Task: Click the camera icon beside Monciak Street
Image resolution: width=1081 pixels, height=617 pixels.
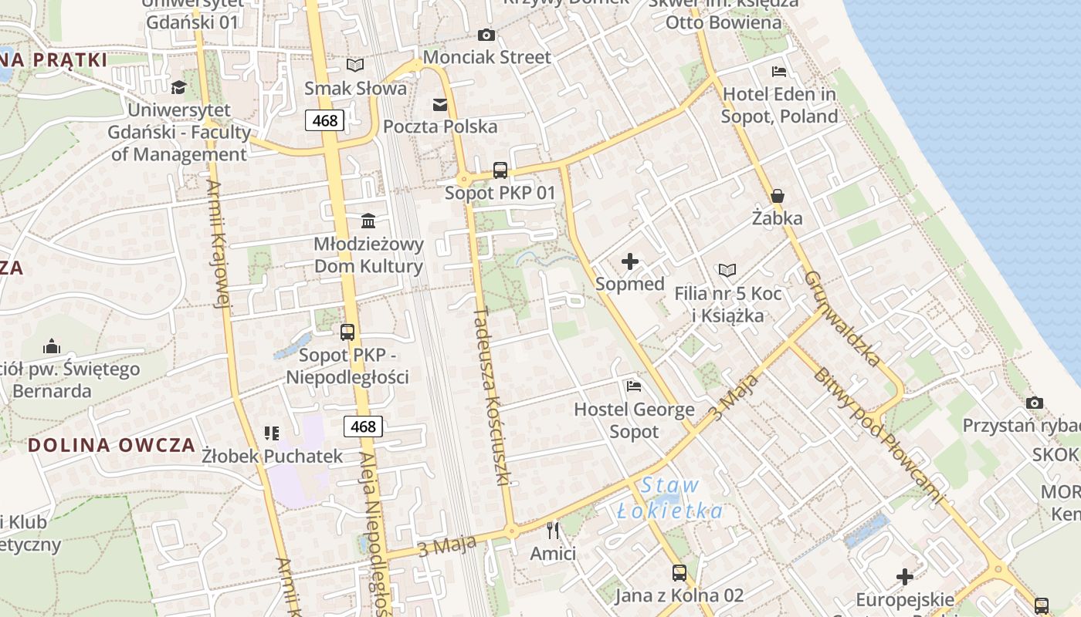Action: point(486,35)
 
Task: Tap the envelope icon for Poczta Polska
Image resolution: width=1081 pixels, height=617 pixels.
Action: point(440,105)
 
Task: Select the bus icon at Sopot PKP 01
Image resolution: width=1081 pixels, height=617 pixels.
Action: point(500,170)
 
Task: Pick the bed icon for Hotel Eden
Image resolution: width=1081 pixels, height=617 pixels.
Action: point(779,72)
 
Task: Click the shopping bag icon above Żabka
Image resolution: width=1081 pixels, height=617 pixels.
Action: point(778,196)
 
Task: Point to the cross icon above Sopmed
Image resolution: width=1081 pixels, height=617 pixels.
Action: point(630,261)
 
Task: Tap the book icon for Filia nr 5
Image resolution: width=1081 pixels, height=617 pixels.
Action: point(727,271)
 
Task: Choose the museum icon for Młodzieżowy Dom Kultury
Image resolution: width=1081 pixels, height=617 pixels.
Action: point(368,222)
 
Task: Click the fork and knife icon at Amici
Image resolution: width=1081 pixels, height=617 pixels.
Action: point(553,530)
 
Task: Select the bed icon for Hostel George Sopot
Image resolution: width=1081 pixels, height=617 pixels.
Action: point(634,386)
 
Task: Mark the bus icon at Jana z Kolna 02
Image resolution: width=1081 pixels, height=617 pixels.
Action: point(679,573)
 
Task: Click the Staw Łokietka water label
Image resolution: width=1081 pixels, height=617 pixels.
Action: point(670,498)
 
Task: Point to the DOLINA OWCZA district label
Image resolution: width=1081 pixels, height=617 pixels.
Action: point(111,445)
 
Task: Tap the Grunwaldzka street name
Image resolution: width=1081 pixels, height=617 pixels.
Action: point(842,318)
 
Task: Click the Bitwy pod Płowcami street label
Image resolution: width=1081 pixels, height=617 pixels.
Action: point(878,436)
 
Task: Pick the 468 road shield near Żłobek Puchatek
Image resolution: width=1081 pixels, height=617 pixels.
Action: point(363,427)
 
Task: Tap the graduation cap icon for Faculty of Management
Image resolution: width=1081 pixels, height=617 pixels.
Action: point(179,86)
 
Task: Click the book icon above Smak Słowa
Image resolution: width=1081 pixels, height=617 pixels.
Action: point(355,66)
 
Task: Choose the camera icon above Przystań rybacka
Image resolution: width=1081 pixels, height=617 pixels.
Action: point(1035,403)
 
